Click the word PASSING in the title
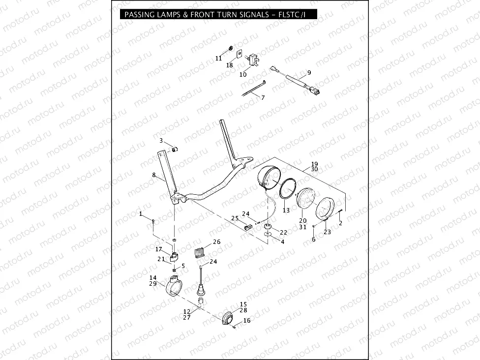(x=140, y=15)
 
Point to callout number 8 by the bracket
(x=153, y=175)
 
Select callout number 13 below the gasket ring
(x=286, y=210)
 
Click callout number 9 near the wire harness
(x=309, y=73)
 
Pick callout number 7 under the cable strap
(x=263, y=97)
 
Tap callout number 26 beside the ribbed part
(x=216, y=241)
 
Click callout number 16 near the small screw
(x=246, y=320)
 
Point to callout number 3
(x=160, y=141)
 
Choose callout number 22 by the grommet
(x=283, y=232)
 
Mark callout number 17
(x=159, y=249)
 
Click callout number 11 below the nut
(x=218, y=58)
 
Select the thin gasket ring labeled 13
(x=287, y=189)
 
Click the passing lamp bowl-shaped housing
(x=267, y=178)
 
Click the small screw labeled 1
(x=153, y=222)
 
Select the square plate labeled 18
(x=240, y=54)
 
